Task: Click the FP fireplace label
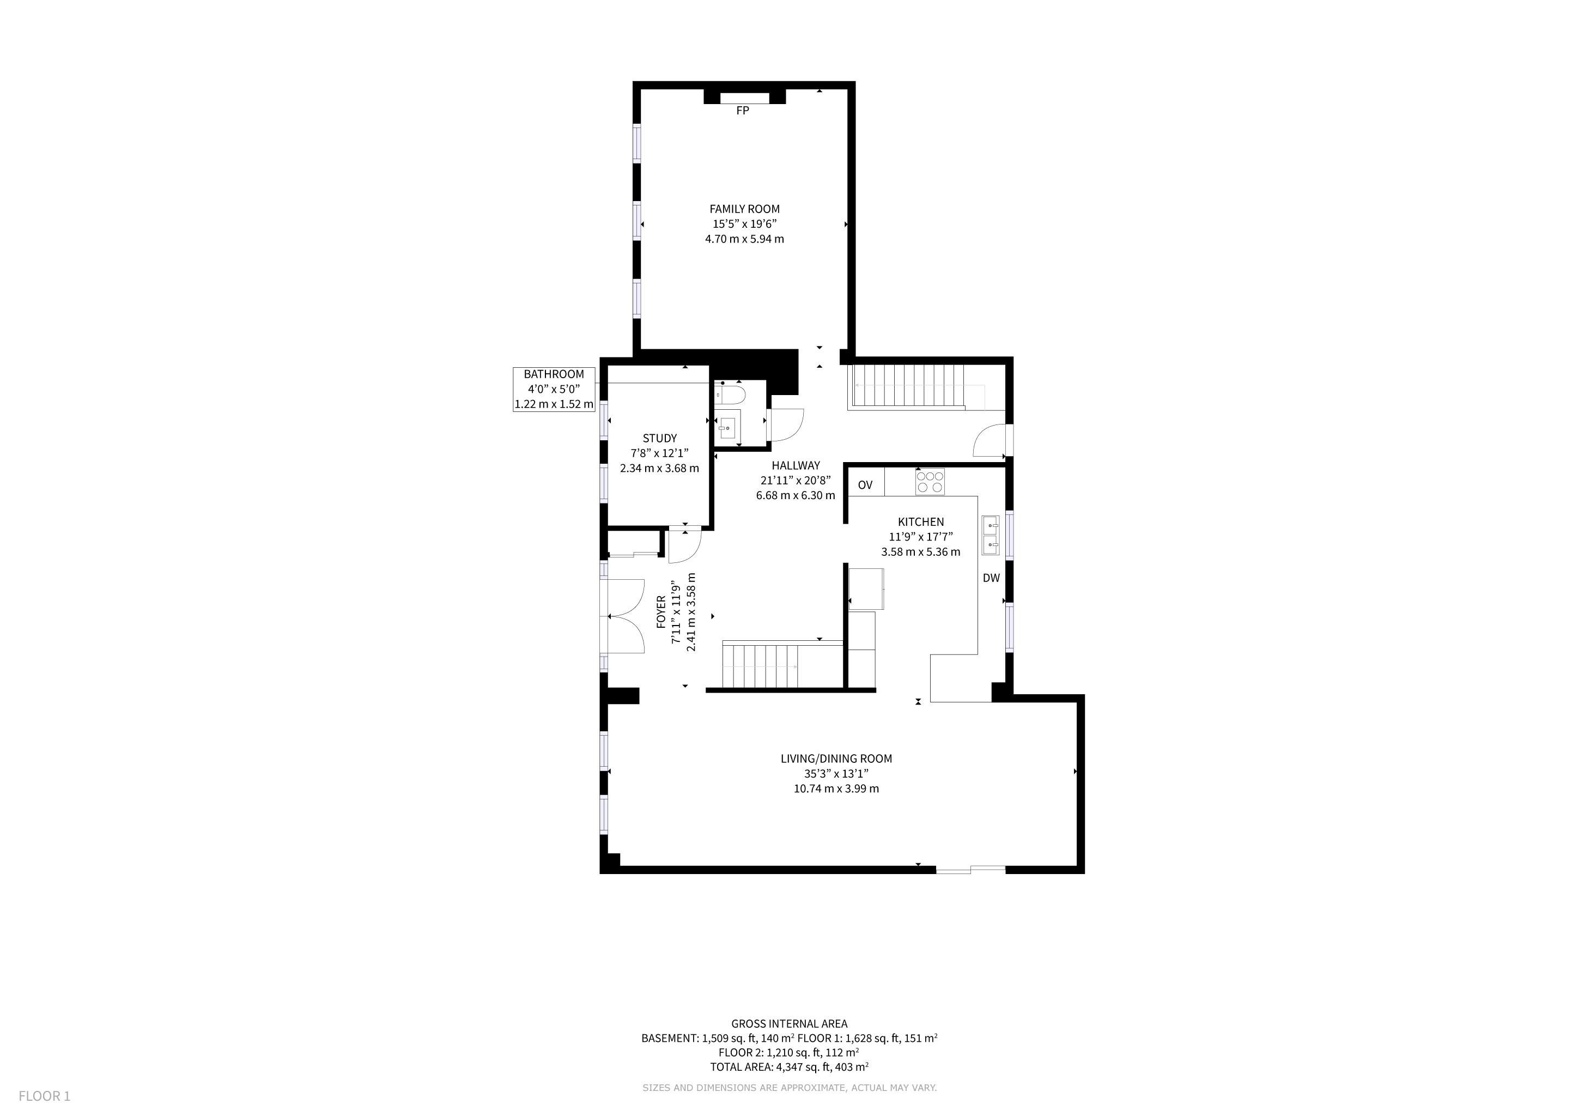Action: (x=742, y=111)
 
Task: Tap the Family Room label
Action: (x=744, y=209)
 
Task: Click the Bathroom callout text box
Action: (x=554, y=389)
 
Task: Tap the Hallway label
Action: (x=796, y=465)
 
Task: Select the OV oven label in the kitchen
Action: (x=865, y=485)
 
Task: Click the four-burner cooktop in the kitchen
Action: (x=930, y=481)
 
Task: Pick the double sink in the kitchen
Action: (x=991, y=535)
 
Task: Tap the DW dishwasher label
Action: (x=991, y=578)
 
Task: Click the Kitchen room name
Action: (x=921, y=521)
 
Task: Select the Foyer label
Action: (x=661, y=611)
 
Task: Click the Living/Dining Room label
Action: (x=836, y=759)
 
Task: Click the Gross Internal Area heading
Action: (x=789, y=1023)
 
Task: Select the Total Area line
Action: (x=789, y=1066)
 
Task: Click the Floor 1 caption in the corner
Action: (x=45, y=1096)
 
